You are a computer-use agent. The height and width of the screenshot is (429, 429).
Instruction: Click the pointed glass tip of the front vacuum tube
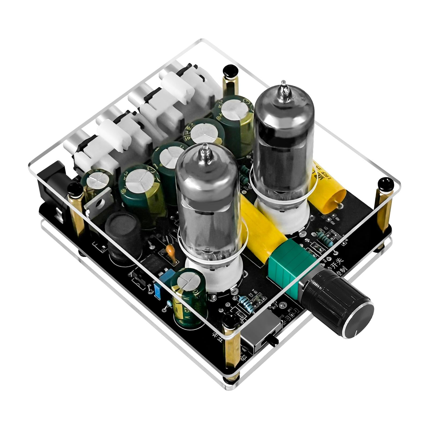pyautogui.click(x=205, y=151)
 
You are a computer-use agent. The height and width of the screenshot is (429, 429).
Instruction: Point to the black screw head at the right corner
pyautogui.click(x=385, y=184)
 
